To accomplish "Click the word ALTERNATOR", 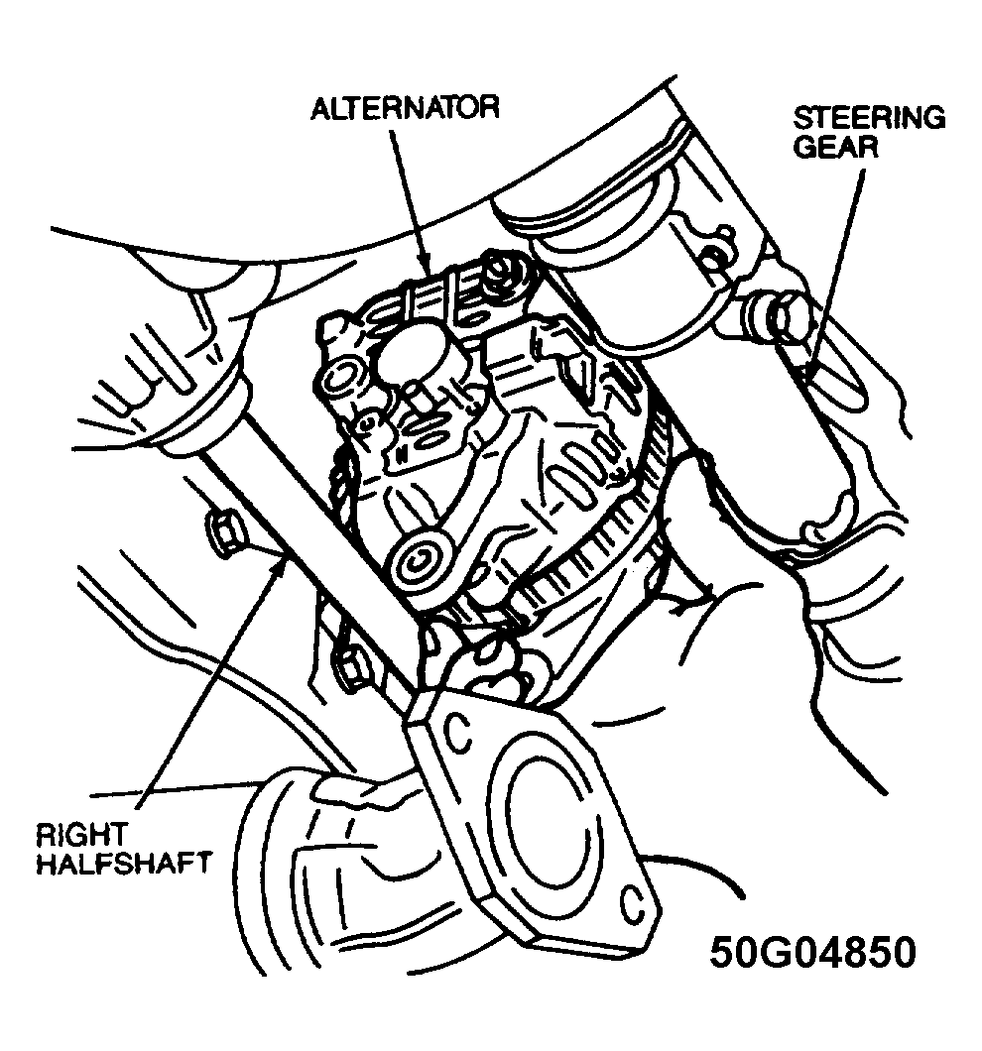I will [404, 107].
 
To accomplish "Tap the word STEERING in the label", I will [869, 119].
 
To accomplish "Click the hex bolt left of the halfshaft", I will [223, 533].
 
